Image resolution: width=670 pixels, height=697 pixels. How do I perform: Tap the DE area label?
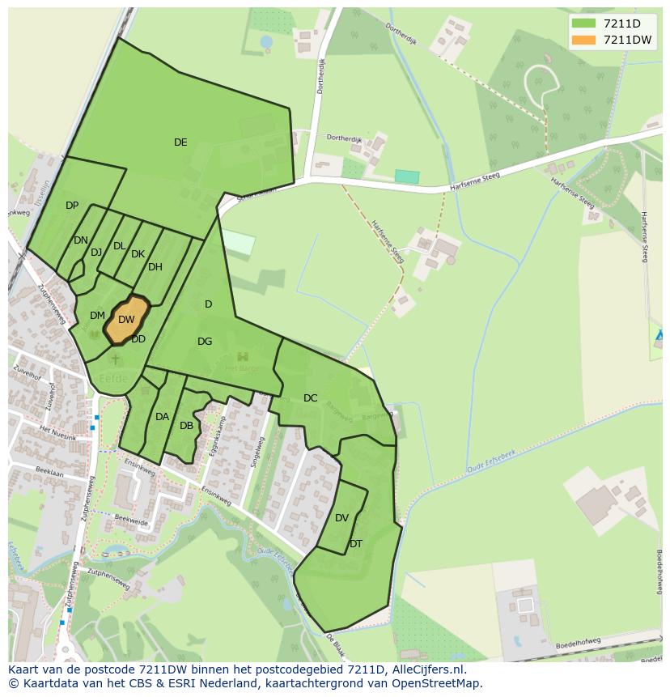tap(180, 142)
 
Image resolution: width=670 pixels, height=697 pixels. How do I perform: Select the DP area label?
tap(72, 206)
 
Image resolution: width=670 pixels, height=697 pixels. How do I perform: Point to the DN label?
tap(80, 240)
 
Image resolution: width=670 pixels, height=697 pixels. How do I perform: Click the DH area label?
tap(155, 267)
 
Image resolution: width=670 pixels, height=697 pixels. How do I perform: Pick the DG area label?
tap(205, 342)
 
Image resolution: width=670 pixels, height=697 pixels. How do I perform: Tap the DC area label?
tap(311, 397)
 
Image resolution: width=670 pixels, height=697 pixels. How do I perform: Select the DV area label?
tap(341, 518)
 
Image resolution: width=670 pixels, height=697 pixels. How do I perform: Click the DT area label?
tap(356, 544)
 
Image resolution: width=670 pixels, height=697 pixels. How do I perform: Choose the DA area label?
tap(162, 417)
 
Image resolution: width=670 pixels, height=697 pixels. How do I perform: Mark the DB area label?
tap(186, 426)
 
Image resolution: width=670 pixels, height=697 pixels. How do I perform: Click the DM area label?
tap(97, 316)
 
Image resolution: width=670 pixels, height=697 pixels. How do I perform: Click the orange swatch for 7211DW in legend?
tap(583, 40)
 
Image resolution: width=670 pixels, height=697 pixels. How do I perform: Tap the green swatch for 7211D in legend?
tap(583, 23)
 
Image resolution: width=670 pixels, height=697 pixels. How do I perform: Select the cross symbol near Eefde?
tap(115, 359)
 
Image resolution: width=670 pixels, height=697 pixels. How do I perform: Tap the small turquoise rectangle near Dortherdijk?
tap(407, 176)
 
